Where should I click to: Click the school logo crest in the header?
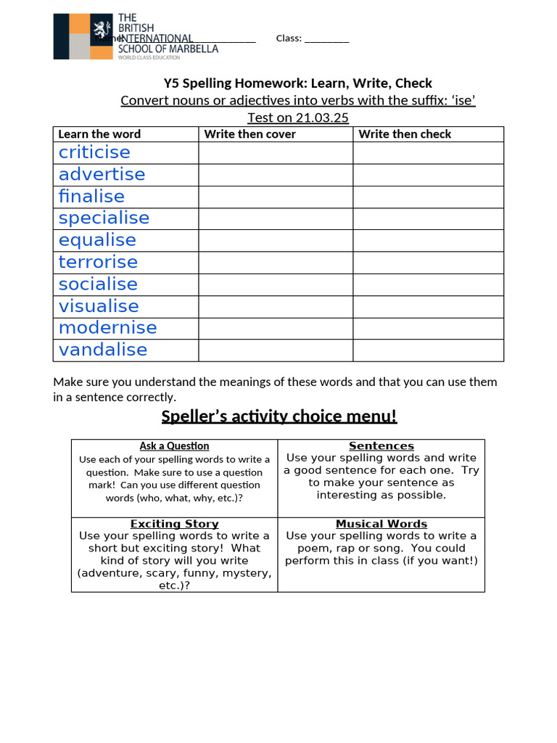pos(99,31)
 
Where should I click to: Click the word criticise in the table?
pos(94,152)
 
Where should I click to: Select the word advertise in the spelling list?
pos(102,174)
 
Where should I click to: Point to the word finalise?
pos(91,196)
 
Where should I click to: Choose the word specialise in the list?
pos(104,218)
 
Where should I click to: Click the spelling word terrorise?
pos(98,262)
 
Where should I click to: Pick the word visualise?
pos(99,305)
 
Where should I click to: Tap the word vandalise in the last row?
pos(103,350)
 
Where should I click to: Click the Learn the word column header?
pos(99,134)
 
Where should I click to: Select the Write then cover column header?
pos(250,134)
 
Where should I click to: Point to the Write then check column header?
pos(405,134)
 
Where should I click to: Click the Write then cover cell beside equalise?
pos(276,240)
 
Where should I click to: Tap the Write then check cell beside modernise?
pos(428,328)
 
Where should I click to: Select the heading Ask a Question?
pos(174,446)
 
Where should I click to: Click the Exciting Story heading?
pos(174,524)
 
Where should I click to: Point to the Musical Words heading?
pos(381,524)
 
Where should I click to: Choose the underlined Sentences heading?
pos(381,446)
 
